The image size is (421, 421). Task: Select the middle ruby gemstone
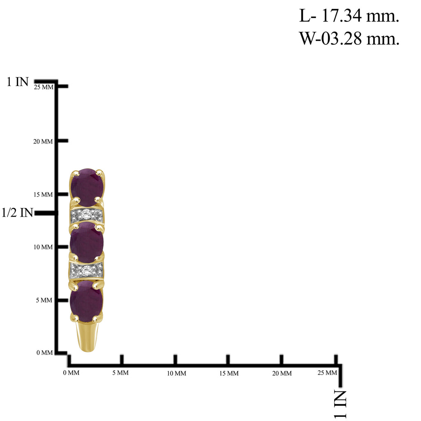tap(87, 242)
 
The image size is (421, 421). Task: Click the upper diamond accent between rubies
tap(86, 214)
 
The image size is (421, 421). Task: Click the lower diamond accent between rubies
tap(86, 271)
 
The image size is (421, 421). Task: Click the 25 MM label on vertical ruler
tap(44, 87)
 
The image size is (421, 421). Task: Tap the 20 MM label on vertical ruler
tap(43, 141)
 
